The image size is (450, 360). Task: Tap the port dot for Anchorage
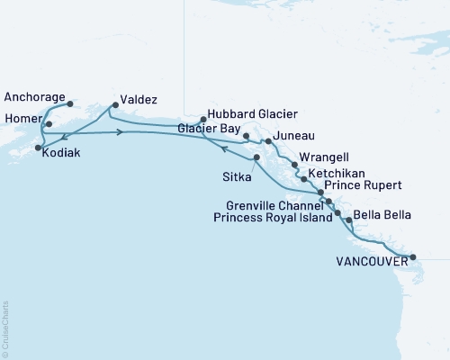pyautogui.click(x=70, y=103)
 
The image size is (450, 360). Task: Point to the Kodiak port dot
pyautogui.click(x=38, y=147)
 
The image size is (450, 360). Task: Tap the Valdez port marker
pyautogui.click(x=113, y=104)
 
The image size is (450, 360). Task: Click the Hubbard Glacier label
pyautogui.click(x=253, y=114)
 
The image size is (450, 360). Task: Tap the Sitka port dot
pyautogui.click(x=257, y=158)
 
